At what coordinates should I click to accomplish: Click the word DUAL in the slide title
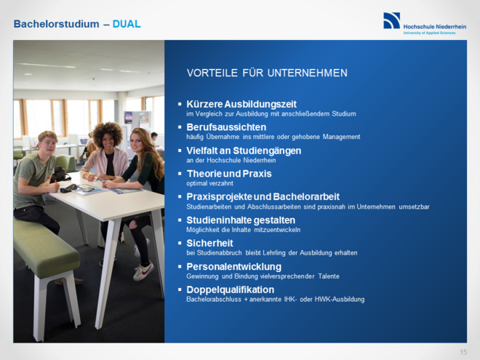[x=127, y=24]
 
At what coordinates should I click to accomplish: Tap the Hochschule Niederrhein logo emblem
[x=391, y=20]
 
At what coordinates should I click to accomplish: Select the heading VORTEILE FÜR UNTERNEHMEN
[x=267, y=73]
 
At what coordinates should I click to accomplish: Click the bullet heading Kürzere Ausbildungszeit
[x=241, y=104]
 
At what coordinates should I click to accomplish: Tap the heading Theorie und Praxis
[x=229, y=174]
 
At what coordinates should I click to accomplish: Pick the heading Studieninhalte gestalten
[x=241, y=220]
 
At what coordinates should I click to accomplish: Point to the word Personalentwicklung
[x=232, y=266]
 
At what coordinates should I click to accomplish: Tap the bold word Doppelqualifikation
[x=231, y=289]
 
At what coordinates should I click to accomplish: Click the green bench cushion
[x=45, y=247]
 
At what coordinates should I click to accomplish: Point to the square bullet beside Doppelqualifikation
[x=180, y=289]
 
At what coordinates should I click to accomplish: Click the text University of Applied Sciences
[x=429, y=33]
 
